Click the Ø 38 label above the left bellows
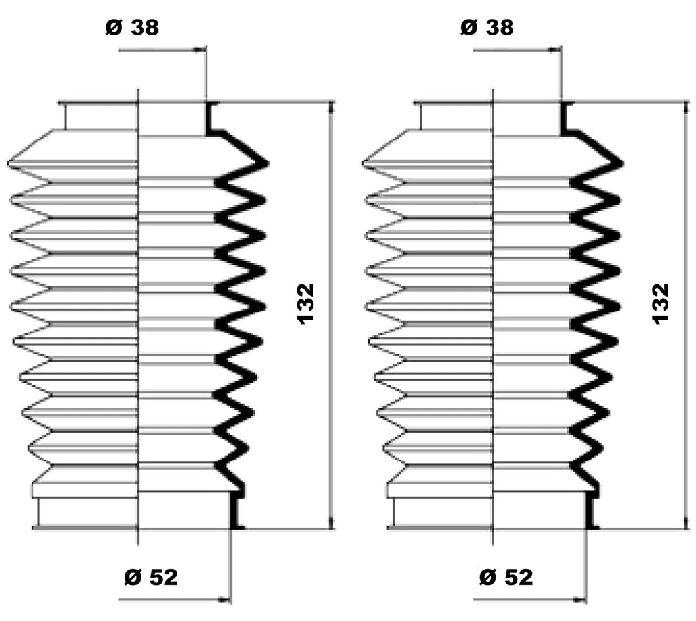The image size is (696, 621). (x=132, y=28)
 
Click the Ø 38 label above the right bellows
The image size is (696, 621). (x=487, y=28)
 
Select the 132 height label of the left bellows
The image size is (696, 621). (x=306, y=303)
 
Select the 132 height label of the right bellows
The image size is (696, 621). (x=661, y=303)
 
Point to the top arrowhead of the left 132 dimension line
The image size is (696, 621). (x=330, y=106)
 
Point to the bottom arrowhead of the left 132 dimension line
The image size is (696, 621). (x=330, y=523)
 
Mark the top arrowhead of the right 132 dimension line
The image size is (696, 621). (x=685, y=106)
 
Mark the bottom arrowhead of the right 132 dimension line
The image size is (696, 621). (x=685, y=523)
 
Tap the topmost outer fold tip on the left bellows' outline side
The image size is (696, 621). (x=11, y=161)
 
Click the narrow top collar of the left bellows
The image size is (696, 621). (x=102, y=116)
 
